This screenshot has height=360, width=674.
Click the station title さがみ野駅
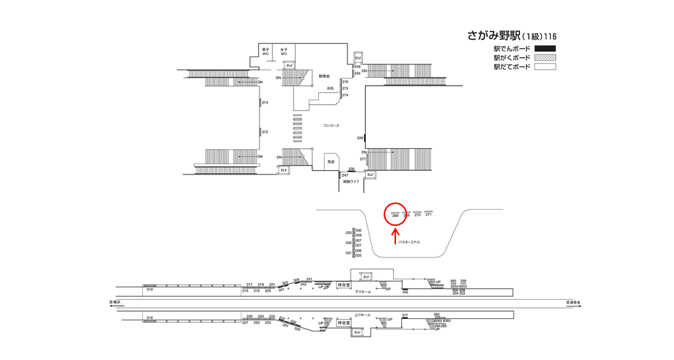click(x=494, y=35)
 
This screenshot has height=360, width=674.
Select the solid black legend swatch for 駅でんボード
click(x=544, y=49)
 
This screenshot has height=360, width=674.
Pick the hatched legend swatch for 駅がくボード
click(x=544, y=58)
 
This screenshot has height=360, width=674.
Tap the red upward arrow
click(x=395, y=234)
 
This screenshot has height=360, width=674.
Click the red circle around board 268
click(x=395, y=213)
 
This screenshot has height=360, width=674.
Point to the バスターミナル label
click(x=409, y=242)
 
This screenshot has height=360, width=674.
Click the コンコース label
click(x=331, y=125)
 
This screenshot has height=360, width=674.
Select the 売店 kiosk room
click(x=331, y=162)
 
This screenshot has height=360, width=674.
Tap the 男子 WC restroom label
click(x=265, y=52)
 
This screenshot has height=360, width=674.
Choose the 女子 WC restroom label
click(x=284, y=52)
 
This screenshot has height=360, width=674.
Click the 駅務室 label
click(x=324, y=76)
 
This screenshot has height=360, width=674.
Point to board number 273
click(x=265, y=103)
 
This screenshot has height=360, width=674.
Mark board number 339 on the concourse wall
click(x=360, y=138)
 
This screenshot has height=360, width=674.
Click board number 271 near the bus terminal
click(x=428, y=215)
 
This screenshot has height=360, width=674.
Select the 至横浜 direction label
click(x=115, y=301)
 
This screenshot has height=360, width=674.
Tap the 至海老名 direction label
click(x=573, y=301)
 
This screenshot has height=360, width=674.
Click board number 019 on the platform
click(x=149, y=290)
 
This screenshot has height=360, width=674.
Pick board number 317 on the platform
click(x=405, y=315)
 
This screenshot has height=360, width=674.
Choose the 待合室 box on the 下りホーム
click(x=343, y=285)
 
